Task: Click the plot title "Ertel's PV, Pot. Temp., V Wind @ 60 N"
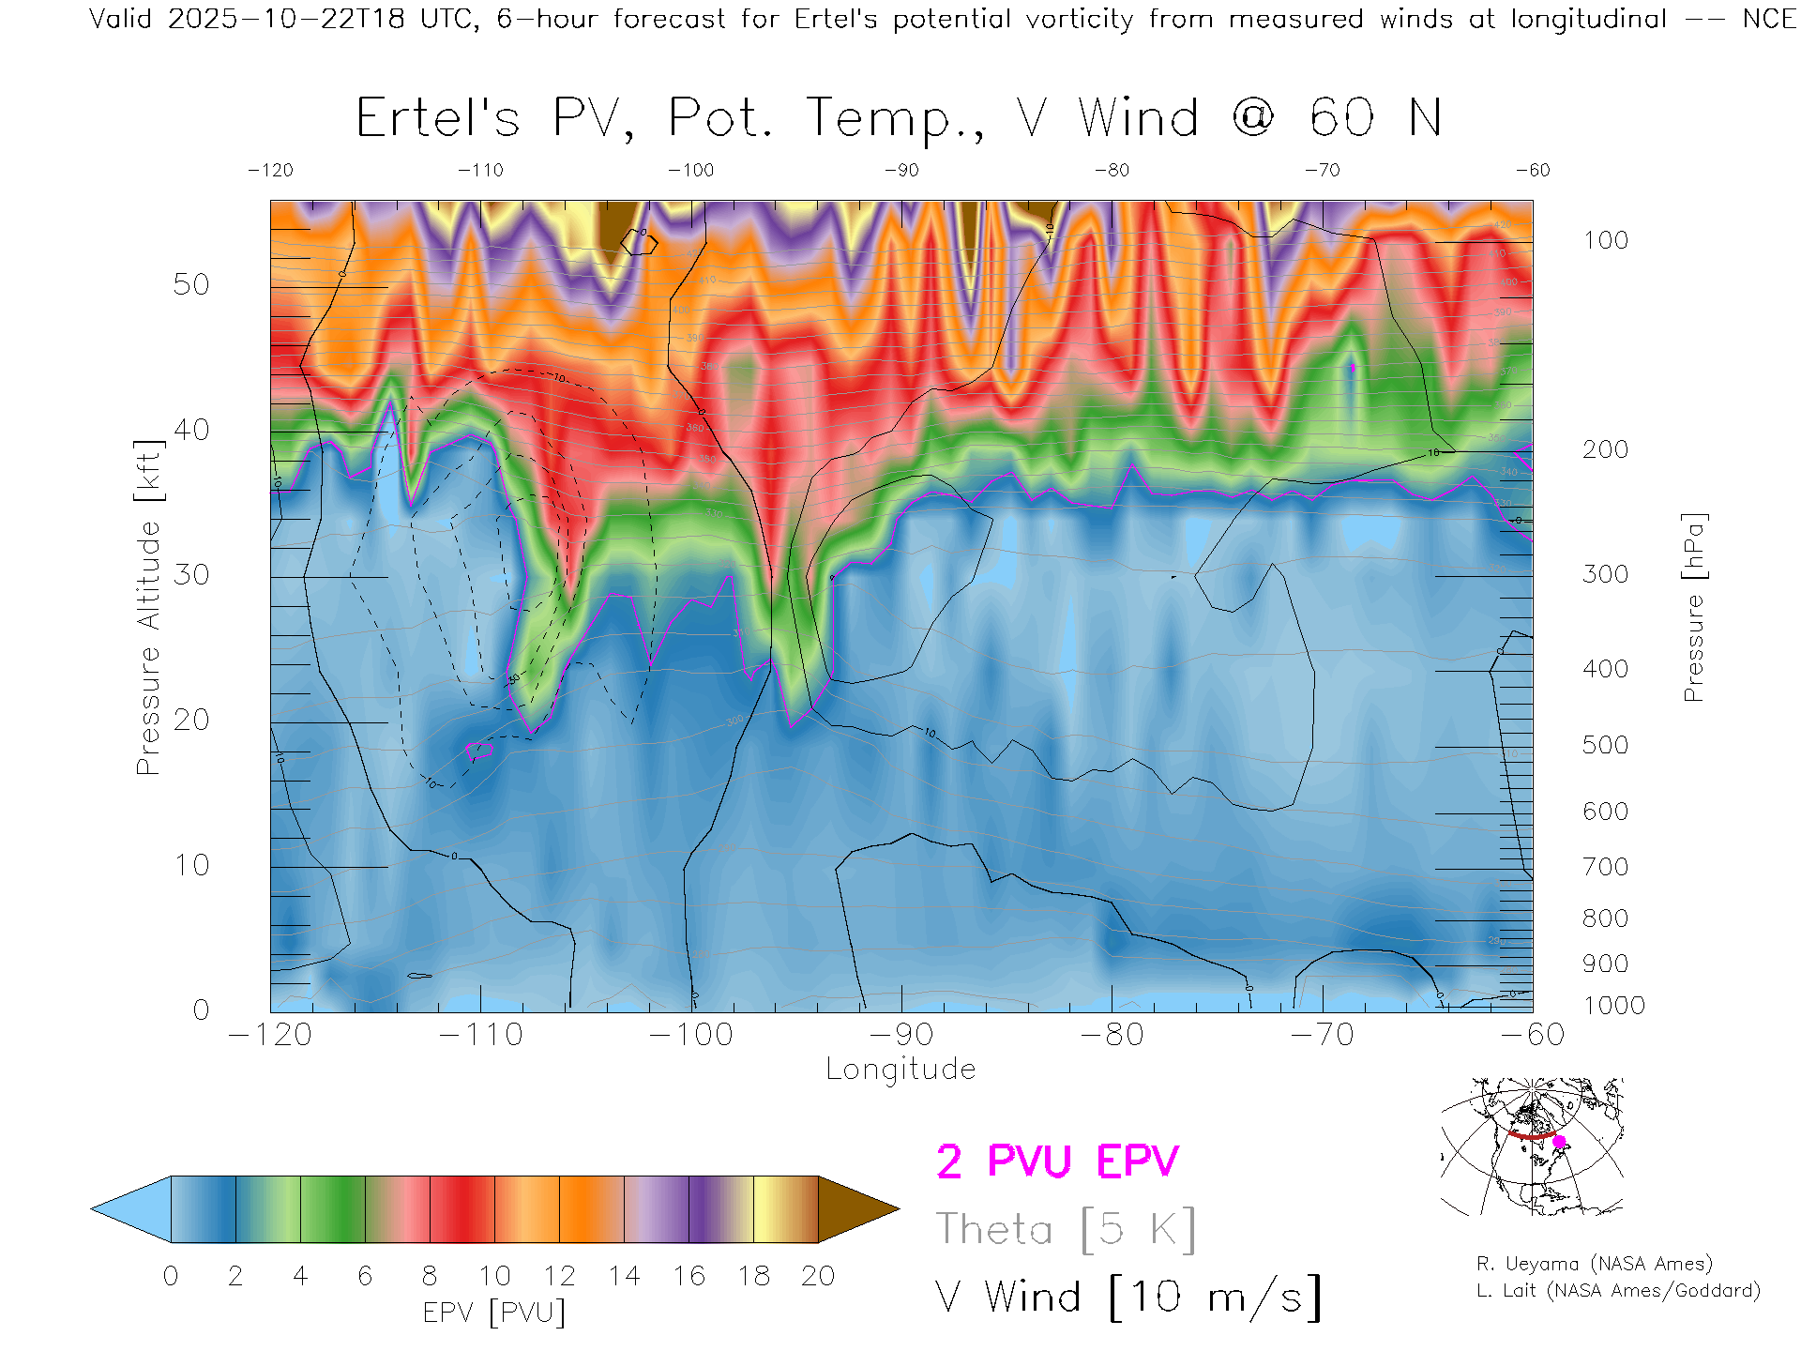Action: [899, 119]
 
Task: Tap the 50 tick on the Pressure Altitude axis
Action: [190, 284]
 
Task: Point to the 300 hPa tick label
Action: [1605, 574]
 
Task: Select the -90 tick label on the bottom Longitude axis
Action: [900, 1035]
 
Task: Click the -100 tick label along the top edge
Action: [690, 171]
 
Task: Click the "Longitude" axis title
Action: [900, 1070]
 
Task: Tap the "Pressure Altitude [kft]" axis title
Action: [148, 607]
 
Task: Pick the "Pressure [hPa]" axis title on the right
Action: [1693, 607]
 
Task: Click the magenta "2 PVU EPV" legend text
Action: [1057, 1161]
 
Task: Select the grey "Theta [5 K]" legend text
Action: [1066, 1229]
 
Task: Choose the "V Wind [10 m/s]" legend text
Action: [1128, 1298]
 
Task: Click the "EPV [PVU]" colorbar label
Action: [494, 1313]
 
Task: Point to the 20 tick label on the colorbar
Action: [818, 1276]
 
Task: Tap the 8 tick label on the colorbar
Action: [430, 1276]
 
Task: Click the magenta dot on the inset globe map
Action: [1559, 1142]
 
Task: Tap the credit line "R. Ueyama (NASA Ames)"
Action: [1595, 1264]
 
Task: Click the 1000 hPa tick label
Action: [1613, 1006]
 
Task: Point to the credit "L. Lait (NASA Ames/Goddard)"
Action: [1618, 1291]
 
